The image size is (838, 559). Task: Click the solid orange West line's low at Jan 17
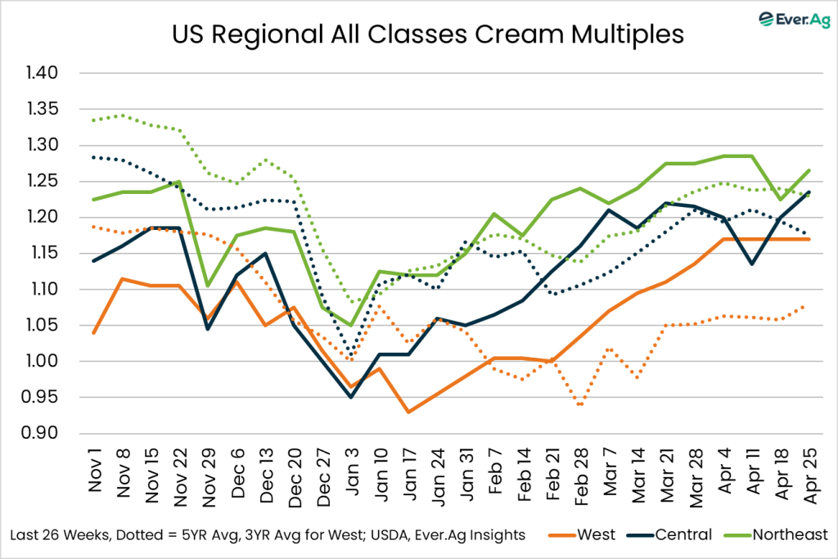click(x=408, y=412)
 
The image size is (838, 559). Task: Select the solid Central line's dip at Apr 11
click(x=751, y=264)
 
